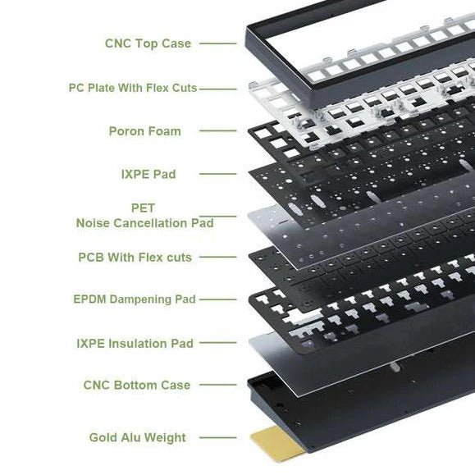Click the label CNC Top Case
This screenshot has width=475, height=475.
tap(148, 43)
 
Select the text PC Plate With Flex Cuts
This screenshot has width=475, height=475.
tap(133, 87)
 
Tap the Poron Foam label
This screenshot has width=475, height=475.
tap(144, 130)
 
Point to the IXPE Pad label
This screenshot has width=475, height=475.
tap(148, 174)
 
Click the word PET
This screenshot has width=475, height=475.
tap(143, 208)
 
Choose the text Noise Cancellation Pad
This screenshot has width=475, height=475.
tap(144, 222)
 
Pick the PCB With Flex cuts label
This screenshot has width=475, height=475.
tap(135, 257)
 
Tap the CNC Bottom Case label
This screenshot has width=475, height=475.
tap(136, 385)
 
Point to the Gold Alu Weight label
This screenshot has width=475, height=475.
tap(138, 437)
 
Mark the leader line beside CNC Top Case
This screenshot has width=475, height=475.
tap(217, 43)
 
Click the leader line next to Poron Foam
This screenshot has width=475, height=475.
tap(217, 130)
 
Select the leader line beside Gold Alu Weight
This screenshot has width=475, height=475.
tap(217, 437)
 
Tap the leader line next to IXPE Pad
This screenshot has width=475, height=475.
tap(217, 174)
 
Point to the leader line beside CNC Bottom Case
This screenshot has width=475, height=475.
tap(217, 385)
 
